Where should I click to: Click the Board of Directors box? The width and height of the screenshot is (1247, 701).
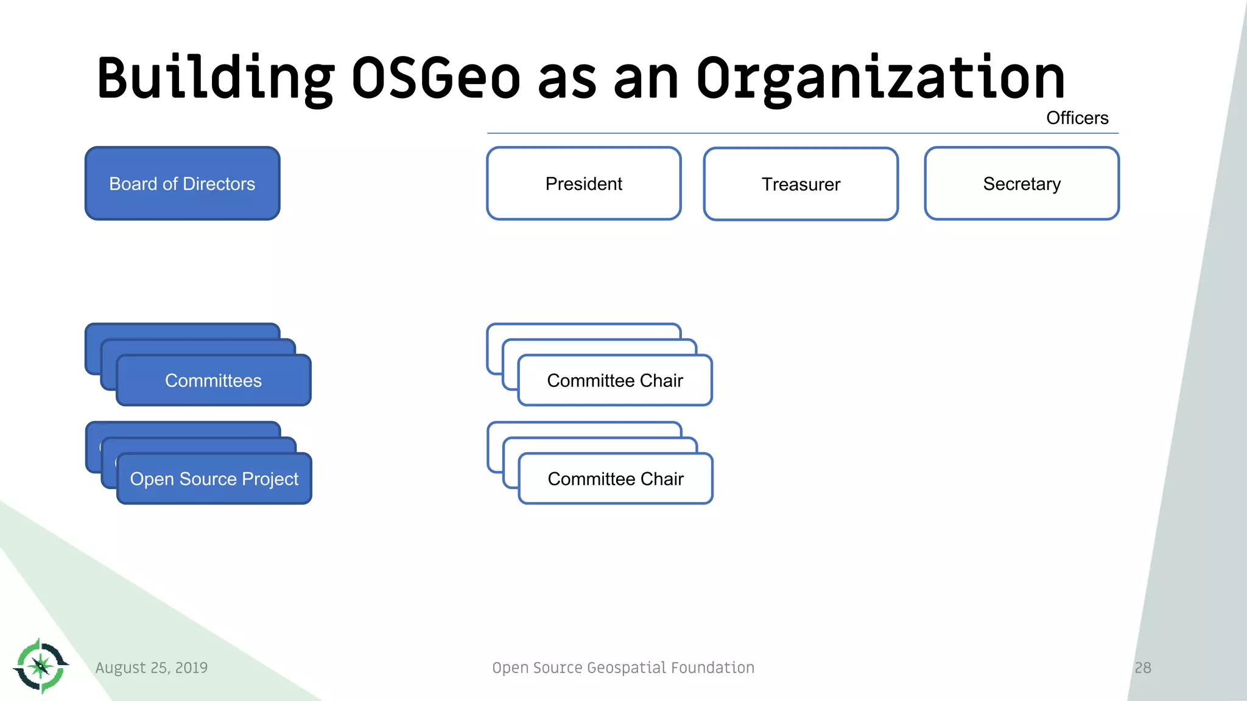click(182, 183)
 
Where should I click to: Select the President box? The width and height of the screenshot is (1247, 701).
click(583, 183)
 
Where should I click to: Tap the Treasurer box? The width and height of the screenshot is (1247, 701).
click(801, 184)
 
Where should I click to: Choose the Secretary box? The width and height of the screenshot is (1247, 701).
click(1021, 183)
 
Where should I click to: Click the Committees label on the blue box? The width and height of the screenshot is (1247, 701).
click(213, 380)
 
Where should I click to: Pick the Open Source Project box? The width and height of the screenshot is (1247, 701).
click(214, 479)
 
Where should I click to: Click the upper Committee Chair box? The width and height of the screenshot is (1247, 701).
click(615, 380)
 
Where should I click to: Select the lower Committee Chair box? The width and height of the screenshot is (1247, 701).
click(616, 479)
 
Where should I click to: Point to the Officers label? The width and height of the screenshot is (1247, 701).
click(1077, 117)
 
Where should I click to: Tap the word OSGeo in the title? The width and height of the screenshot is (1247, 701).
click(435, 78)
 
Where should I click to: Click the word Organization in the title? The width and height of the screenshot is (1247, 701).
click(880, 78)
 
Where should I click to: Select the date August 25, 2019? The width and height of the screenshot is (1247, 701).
click(152, 668)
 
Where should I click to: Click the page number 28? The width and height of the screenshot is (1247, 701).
click(1143, 668)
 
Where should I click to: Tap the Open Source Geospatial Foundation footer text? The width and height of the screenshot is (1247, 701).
click(623, 668)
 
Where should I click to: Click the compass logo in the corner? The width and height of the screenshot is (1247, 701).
click(41, 666)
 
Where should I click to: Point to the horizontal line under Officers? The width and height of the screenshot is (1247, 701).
click(792, 133)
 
